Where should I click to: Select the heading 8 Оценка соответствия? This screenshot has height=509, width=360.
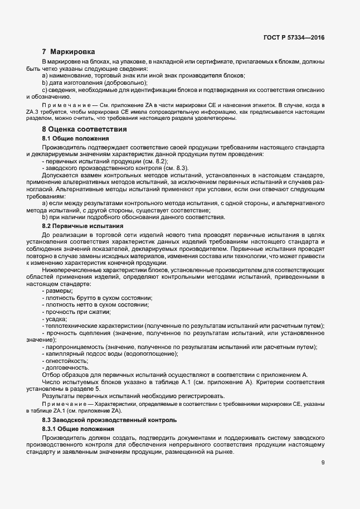80,129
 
